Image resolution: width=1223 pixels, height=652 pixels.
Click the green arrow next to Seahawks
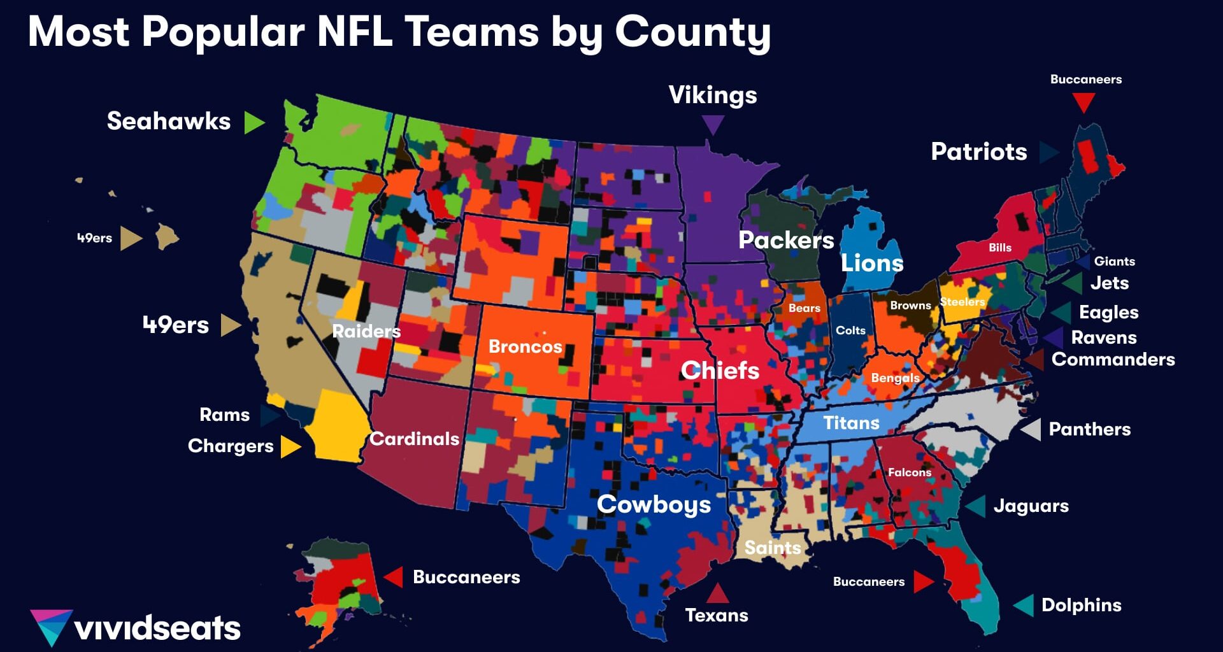(254, 122)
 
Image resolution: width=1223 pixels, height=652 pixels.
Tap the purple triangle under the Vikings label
(713, 124)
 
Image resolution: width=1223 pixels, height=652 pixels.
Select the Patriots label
(978, 152)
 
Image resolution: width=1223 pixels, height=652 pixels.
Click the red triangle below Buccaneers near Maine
(1084, 101)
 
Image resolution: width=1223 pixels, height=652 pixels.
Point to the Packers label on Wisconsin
(786, 240)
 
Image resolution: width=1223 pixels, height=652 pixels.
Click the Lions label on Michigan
(872, 263)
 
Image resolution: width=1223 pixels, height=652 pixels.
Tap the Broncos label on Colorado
(525, 347)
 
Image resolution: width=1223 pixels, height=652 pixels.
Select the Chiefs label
(720, 371)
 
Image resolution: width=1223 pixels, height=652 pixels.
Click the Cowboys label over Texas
(654, 504)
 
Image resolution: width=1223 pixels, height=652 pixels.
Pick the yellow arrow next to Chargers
(290, 446)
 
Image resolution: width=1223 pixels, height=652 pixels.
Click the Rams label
(224, 415)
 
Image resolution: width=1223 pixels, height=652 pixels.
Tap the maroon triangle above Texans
(717, 593)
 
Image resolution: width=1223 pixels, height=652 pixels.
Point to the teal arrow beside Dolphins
(1024, 605)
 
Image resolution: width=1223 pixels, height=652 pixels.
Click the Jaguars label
(1031, 506)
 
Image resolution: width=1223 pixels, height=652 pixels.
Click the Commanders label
(1113, 360)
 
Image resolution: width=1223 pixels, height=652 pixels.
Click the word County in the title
(692, 32)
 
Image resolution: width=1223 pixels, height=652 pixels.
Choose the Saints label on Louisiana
(773, 548)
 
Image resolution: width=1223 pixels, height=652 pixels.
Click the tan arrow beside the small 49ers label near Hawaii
(131, 239)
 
